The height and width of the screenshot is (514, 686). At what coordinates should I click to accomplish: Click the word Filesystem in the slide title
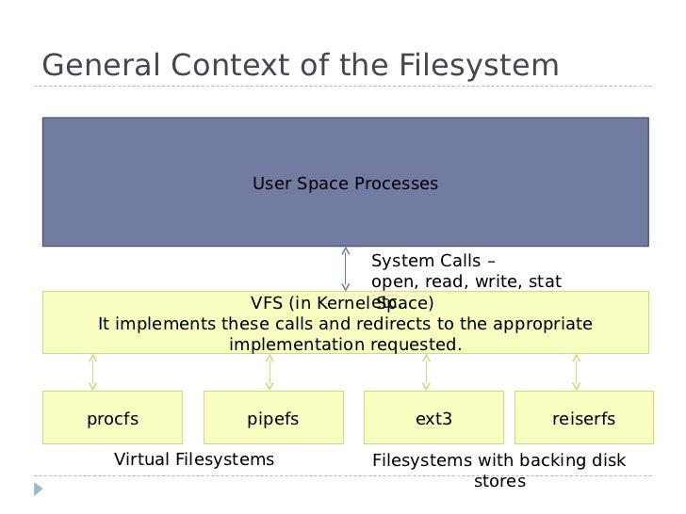(x=480, y=66)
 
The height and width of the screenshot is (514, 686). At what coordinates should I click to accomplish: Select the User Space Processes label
(x=345, y=184)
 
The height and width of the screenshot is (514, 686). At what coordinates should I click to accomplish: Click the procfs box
(x=112, y=418)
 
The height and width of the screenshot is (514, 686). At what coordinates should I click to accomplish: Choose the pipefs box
(x=272, y=418)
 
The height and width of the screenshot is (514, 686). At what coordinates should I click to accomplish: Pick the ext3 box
(x=433, y=418)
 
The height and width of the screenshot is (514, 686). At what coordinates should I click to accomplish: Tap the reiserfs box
(x=583, y=418)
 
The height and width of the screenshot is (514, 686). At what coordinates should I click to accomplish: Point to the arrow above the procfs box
(x=92, y=372)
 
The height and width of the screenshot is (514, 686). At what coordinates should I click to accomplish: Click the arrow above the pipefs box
(x=269, y=372)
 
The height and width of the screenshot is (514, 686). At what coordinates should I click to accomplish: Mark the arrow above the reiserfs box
(x=576, y=372)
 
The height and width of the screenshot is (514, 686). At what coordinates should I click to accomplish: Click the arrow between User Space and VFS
(x=346, y=269)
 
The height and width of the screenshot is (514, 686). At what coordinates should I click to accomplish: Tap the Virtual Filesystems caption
(x=193, y=459)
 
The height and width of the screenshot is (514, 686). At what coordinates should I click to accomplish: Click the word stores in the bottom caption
(x=498, y=482)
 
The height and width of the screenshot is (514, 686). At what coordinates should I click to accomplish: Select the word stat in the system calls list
(x=546, y=281)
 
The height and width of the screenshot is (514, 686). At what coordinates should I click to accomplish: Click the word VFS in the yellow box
(x=268, y=303)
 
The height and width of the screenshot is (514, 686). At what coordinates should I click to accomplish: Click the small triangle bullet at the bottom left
(x=39, y=490)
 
